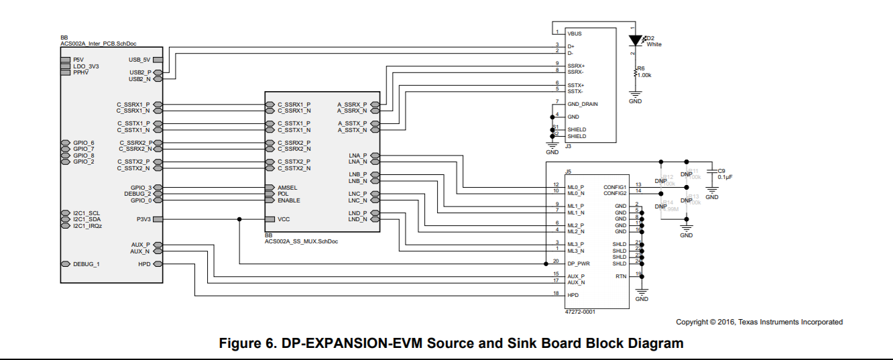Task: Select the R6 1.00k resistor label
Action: point(644,72)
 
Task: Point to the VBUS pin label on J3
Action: point(575,33)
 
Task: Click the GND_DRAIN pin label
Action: point(583,104)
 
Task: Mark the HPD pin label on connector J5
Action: point(573,295)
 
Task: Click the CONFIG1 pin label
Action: point(614,187)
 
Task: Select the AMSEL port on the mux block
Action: point(287,188)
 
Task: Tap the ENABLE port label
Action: point(288,200)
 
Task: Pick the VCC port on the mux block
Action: point(284,219)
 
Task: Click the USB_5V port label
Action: point(139,60)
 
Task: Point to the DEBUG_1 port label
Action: point(86,264)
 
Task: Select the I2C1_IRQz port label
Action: point(87,226)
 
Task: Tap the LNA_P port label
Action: point(358,156)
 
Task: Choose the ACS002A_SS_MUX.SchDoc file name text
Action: point(301,241)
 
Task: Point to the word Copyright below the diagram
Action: point(690,322)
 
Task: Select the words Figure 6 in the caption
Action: point(247,344)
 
